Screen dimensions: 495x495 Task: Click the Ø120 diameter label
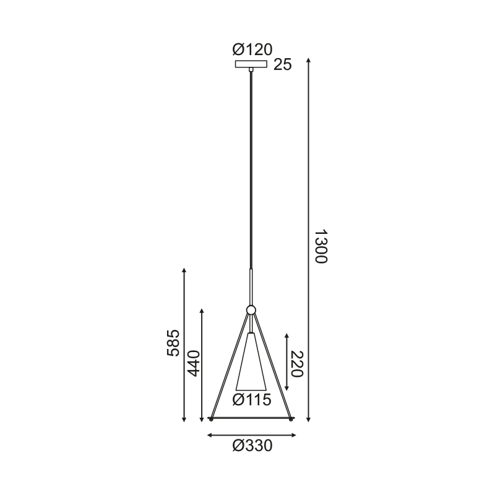252,49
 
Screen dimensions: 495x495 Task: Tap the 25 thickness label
283,65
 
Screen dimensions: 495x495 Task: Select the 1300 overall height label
322,246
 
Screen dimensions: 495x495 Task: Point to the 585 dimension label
173,343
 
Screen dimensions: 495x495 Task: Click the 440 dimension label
194,363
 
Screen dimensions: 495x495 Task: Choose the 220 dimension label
296,364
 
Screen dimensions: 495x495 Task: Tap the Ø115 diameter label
252,400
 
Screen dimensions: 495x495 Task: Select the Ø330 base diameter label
252,446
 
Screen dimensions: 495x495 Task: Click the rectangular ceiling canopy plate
251,64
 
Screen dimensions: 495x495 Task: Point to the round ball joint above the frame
251,310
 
